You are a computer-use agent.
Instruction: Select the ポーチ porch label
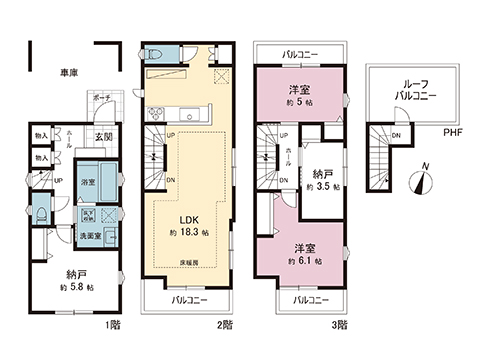coord(101,99)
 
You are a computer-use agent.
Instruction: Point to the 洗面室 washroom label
coord(91,234)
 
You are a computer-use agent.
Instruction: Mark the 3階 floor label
coord(341,324)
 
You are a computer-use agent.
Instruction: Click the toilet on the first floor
coord(41,213)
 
